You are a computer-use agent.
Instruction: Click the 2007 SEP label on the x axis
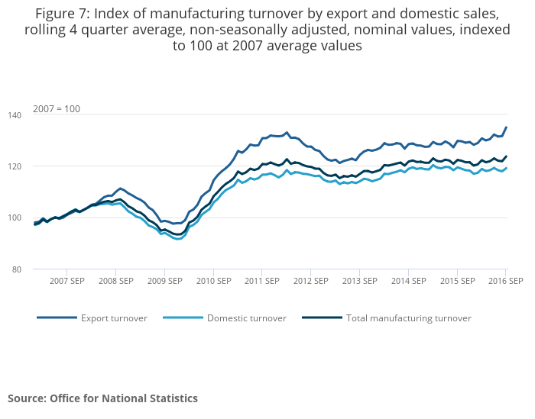point(66,281)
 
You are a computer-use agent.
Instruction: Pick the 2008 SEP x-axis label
point(115,281)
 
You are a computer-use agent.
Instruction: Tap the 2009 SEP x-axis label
point(164,281)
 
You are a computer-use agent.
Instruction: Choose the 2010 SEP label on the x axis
point(213,281)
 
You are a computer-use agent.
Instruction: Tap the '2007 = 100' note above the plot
point(56,108)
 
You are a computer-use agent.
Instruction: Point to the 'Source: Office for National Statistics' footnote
point(102,398)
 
